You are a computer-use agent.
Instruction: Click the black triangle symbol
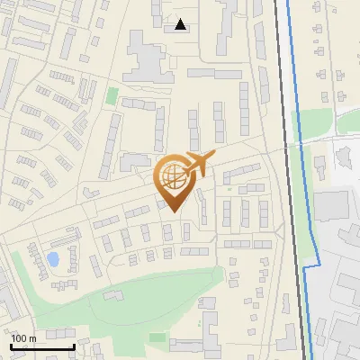click(182, 24)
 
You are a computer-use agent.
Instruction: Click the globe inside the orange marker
click(172, 176)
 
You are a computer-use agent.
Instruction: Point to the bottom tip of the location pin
click(173, 212)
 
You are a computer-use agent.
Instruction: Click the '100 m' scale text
click(23, 337)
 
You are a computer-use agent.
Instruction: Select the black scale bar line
click(42, 346)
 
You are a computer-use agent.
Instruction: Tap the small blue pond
click(52, 259)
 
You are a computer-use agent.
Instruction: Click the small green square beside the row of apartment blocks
click(112, 95)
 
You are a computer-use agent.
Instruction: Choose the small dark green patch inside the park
click(158, 337)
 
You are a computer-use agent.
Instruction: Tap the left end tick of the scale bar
click(11, 346)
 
